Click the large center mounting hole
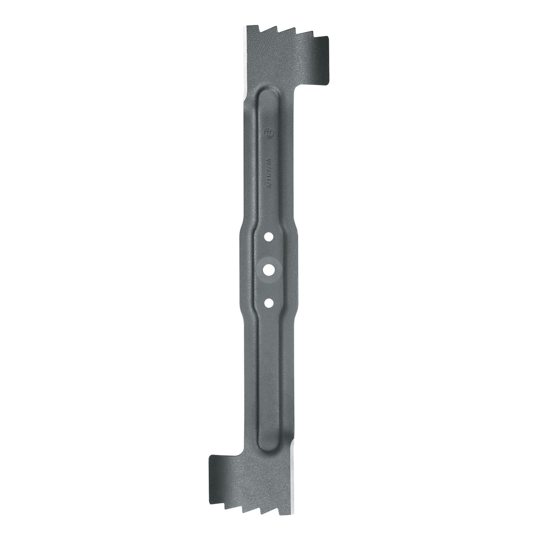[268, 268]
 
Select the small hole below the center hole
[268, 302]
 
